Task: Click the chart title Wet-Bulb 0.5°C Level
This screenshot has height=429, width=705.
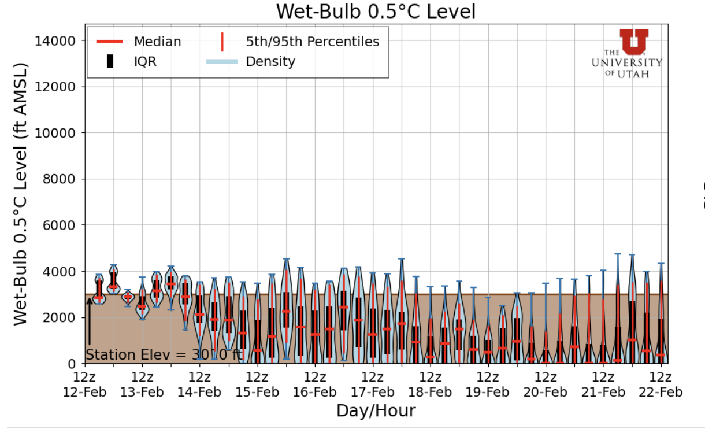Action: point(376,11)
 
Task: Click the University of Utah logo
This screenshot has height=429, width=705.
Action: point(627,54)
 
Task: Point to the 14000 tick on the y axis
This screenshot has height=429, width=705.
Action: point(57,40)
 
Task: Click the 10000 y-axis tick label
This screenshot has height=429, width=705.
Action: point(57,133)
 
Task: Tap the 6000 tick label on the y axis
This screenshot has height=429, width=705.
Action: point(60,225)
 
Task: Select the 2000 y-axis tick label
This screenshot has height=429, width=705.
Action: point(60,317)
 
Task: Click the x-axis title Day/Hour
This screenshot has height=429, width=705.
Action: point(376,411)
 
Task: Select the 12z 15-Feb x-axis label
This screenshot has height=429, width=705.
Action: point(257,384)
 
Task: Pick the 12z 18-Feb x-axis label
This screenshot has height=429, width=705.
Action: point(429,384)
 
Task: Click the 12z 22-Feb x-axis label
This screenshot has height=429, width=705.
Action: point(659,384)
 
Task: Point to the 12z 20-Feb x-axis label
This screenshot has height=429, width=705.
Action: point(544,384)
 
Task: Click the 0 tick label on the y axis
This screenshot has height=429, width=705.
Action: point(73,364)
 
